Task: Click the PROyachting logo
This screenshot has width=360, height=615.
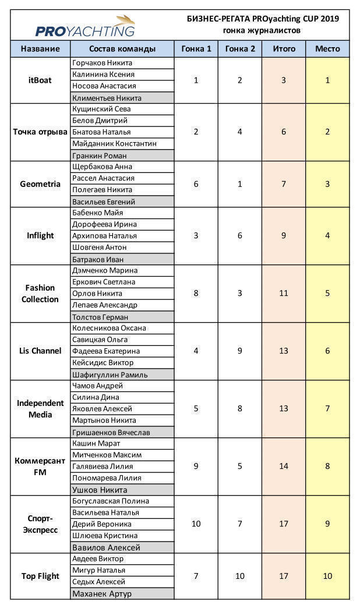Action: coord(85,27)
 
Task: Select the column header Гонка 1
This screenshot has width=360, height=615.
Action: coord(196,49)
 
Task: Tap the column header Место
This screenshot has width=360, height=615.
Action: coord(327,49)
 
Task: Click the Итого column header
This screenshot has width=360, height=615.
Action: coord(284,49)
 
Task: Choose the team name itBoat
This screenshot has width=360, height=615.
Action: coord(40,80)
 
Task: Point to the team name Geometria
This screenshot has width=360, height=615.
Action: coord(40,184)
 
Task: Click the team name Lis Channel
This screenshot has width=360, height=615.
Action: coord(40,351)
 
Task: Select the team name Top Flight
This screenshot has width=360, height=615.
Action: coord(40,576)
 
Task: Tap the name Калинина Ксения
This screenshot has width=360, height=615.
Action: coord(103,75)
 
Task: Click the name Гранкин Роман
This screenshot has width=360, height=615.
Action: coord(99,155)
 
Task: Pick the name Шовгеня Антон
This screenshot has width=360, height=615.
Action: coord(99,248)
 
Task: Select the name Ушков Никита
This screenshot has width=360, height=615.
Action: coord(99,490)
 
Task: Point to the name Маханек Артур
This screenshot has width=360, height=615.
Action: coord(102,593)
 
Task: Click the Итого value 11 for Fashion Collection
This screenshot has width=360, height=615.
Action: coord(284,294)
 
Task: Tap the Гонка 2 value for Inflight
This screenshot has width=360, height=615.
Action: coord(240,236)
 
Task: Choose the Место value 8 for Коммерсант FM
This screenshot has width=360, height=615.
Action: coord(327,466)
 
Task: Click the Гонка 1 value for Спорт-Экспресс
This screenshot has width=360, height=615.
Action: coord(196,524)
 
